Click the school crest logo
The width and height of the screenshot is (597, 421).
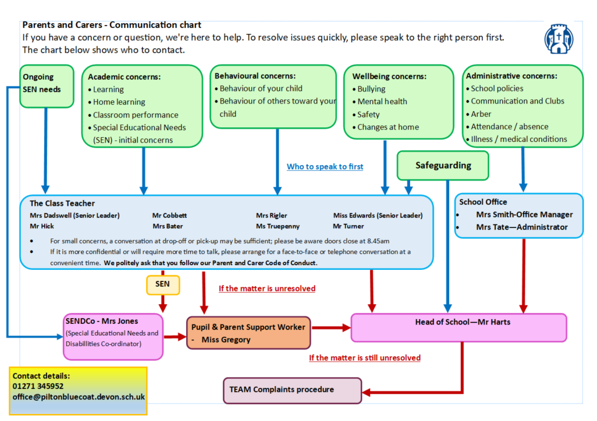tap(559, 39)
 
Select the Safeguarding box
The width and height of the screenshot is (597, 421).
tap(443, 166)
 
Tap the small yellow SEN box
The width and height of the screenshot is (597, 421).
tap(162, 284)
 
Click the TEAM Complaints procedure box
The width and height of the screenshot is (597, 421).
tap(292, 390)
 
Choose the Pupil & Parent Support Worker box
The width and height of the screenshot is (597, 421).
tap(248, 333)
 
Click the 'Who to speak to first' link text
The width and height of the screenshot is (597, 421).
tap(325, 167)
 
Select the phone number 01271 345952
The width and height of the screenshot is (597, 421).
tap(38, 386)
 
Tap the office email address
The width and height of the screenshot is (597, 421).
tap(79, 397)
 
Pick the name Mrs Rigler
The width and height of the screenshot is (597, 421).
tap(272, 215)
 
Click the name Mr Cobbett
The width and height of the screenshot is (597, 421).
tap(170, 215)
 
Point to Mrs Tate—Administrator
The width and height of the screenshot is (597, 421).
tap(521, 227)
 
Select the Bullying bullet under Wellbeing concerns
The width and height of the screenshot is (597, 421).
tap(371, 89)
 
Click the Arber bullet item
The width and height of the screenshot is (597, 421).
tap(481, 114)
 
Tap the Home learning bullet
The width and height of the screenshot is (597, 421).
tap(119, 102)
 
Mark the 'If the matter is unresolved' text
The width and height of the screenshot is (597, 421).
tap(267, 288)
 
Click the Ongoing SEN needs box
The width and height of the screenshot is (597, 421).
tap(47, 86)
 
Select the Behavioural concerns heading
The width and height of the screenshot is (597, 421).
tap(255, 76)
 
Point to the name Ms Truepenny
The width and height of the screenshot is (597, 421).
tap(278, 226)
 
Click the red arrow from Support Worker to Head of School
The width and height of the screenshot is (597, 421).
tap(331, 328)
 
